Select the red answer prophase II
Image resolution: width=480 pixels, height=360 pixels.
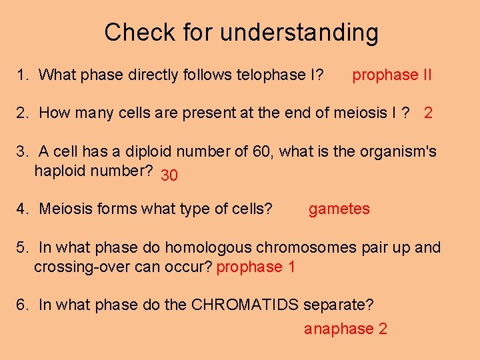[392, 75]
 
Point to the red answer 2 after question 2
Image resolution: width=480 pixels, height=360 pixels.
[428, 113]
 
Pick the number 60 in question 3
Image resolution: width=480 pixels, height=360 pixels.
[262, 151]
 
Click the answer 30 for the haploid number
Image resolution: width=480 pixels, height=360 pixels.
[169, 175]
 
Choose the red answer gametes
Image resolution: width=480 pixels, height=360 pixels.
[339, 209]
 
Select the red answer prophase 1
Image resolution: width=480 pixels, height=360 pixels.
[256, 267]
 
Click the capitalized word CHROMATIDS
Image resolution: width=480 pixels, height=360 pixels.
[245, 305]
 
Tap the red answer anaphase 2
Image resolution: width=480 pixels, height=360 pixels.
[345, 329]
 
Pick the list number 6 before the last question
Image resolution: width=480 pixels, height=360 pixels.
[22, 305]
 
